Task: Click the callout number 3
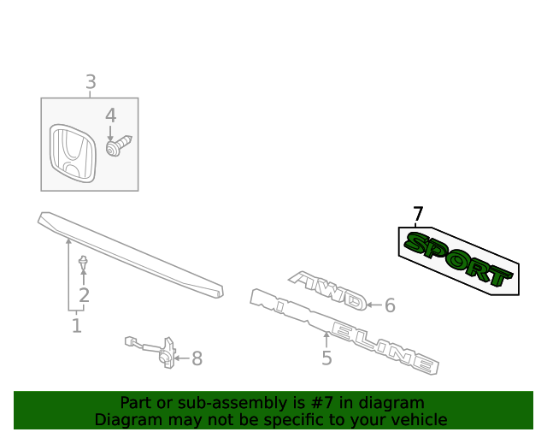[91, 82]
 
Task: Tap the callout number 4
[110, 115]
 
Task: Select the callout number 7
[418, 213]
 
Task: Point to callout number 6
[390, 305]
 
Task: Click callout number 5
[326, 358]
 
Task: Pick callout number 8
[197, 358]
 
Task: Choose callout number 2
[84, 295]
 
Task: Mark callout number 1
[76, 326]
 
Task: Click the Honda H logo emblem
[72, 153]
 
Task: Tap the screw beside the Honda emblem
[119, 145]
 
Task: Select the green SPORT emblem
[458, 259]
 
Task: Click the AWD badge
[327, 290]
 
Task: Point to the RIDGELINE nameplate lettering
[344, 331]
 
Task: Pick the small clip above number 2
[83, 263]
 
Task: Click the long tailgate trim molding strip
[131, 255]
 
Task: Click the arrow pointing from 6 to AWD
[374, 305]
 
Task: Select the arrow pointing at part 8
[182, 358]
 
